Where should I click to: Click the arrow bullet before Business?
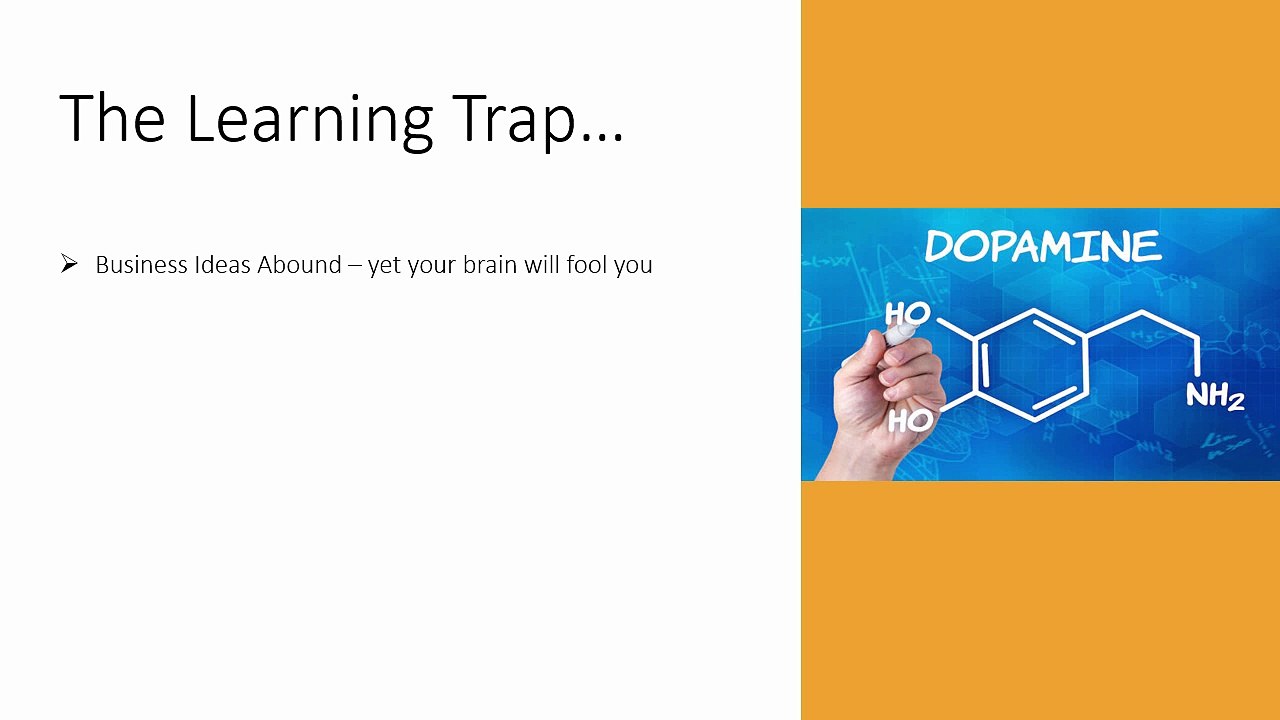click(69, 264)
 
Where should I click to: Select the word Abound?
click(299, 265)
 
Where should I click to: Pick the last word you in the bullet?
click(633, 267)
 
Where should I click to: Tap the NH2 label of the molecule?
click(1214, 396)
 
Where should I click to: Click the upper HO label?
click(908, 313)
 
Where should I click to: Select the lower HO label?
click(909, 421)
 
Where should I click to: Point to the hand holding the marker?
click(885, 400)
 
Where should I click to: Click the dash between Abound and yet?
click(355, 266)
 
